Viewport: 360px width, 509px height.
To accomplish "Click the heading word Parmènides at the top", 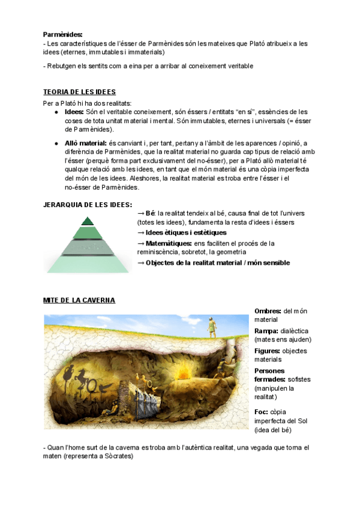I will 63,35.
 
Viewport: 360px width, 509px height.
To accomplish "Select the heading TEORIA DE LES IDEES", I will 80,92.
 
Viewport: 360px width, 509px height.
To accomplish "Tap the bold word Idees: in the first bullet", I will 74,112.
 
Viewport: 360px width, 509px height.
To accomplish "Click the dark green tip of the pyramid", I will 88,220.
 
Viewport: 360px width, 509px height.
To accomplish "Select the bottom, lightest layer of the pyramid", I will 88,265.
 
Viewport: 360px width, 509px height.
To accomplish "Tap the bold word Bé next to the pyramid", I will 151,213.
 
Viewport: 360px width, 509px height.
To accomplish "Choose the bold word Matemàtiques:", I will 169,243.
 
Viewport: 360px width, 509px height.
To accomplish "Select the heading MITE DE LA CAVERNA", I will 79,300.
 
